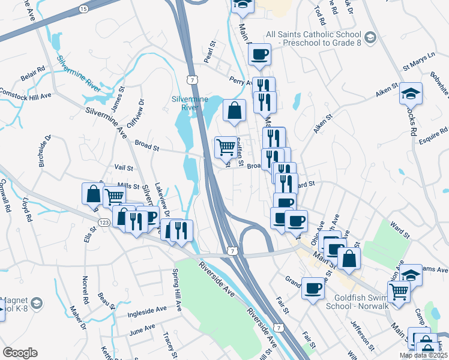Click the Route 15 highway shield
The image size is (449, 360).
[x=83, y=9]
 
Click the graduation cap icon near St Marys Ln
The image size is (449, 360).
[x=411, y=94]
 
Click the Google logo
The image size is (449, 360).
[x=20, y=353]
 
